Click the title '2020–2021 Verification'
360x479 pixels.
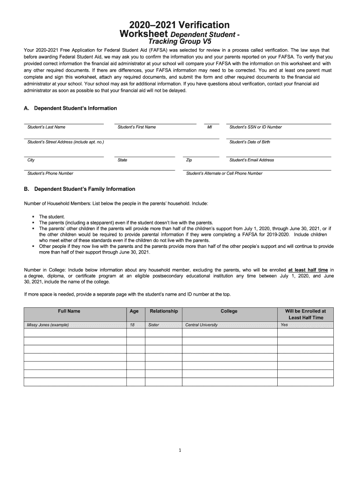(180, 25)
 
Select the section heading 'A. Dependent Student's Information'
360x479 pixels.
(70, 108)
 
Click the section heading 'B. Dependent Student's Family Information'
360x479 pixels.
(79, 189)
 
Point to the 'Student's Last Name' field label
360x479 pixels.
(46, 127)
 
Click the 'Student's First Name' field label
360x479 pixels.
(137, 127)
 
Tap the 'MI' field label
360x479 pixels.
(209, 127)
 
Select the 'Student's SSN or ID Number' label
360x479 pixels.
(256, 127)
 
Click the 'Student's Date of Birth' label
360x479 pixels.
(250, 142)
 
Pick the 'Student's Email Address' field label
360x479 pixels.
(252, 160)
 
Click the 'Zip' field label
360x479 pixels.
(189, 160)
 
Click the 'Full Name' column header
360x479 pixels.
(69, 311)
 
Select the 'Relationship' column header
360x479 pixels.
(164, 311)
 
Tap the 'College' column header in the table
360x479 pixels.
(229, 311)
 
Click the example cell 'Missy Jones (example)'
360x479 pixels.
(48, 325)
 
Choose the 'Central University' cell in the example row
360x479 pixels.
(202, 325)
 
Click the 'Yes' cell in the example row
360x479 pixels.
(284, 325)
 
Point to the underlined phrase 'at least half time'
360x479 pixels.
(308, 270)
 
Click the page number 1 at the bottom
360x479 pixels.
(180, 450)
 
